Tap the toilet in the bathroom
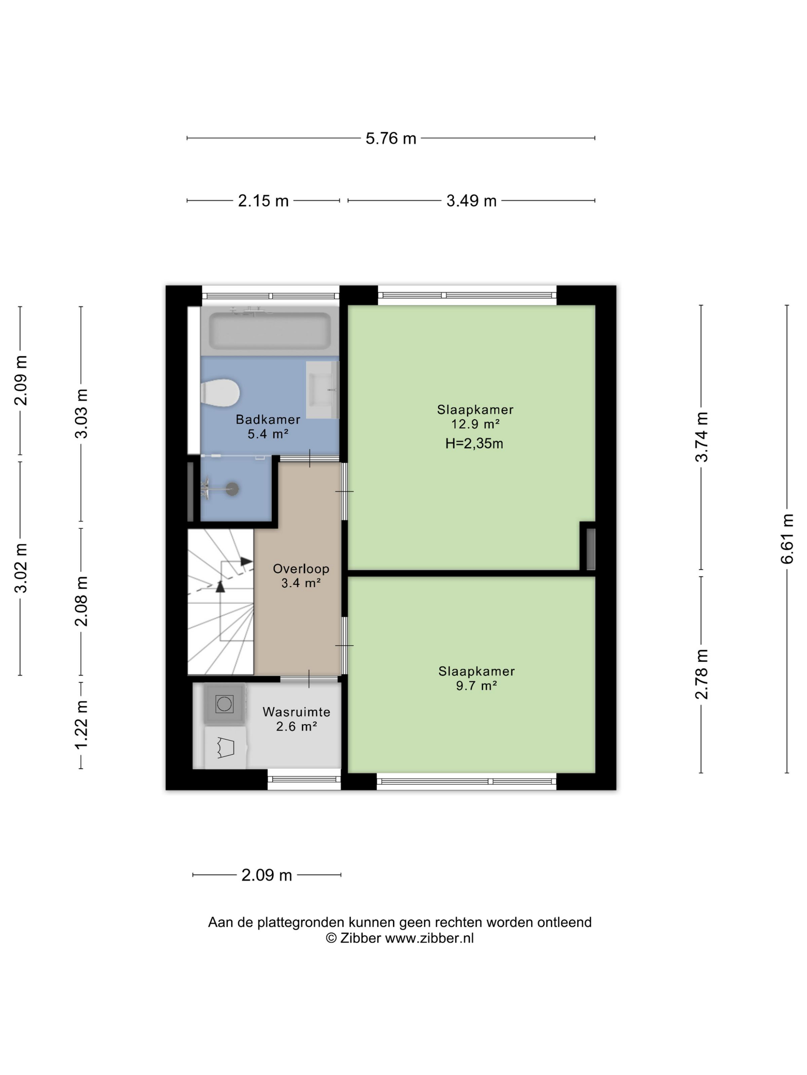[x=220, y=393]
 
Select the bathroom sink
[x=322, y=390]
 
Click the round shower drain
[x=232, y=488]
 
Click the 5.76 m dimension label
[x=390, y=139]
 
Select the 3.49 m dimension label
[x=472, y=201]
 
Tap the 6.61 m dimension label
[x=787, y=539]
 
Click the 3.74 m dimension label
[x=701, y=437]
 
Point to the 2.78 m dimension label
[x=701, y=674]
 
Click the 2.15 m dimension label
[x=263, y=201]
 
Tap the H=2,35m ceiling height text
[x=474, y=443]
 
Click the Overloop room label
[x=301, y=569]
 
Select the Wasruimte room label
[x=296, y=712]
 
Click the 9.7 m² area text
[x=476, y=685]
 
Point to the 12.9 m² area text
[x=475, y=424]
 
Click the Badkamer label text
[x=268, y=419]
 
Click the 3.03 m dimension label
[x=81, y=413]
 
